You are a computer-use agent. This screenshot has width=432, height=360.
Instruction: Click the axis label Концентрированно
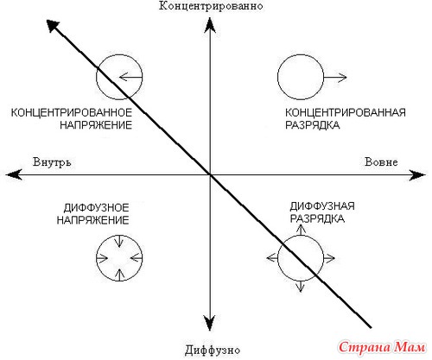(211, 6)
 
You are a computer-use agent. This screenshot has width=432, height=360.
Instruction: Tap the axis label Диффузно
(213, 351)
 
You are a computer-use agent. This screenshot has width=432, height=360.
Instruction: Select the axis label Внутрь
(52, 162)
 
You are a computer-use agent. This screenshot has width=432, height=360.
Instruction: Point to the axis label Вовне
(381, 161)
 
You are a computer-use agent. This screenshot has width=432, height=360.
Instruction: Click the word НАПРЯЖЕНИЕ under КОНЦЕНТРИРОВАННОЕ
(96, 125)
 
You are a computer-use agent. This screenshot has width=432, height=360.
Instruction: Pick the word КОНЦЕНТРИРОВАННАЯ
(346, 112)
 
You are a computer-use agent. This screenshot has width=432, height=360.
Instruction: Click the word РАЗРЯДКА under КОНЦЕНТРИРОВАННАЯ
(313, 125)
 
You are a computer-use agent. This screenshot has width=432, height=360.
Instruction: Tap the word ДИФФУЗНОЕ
(96, 207)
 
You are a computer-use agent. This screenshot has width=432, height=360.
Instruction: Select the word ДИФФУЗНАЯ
(322, 206)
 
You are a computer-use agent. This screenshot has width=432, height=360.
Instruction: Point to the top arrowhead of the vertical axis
(210, 25)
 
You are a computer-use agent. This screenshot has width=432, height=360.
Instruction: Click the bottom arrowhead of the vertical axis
(210, 323)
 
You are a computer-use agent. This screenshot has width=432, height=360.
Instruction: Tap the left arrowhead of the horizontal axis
(14, 174)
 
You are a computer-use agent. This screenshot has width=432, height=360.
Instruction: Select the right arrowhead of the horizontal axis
(416, 175)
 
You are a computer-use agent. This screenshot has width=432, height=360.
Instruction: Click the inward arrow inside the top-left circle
(130, 77)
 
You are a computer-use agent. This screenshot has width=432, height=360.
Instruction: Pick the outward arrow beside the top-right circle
(335, 77)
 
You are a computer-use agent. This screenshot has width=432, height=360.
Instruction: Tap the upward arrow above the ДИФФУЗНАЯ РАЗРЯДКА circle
(301, 230)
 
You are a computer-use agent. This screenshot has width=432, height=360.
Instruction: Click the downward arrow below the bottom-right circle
(301, 287)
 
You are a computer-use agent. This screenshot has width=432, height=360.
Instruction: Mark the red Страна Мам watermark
(382, 347)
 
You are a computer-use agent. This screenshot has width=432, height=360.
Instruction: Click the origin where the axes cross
(210, 174)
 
